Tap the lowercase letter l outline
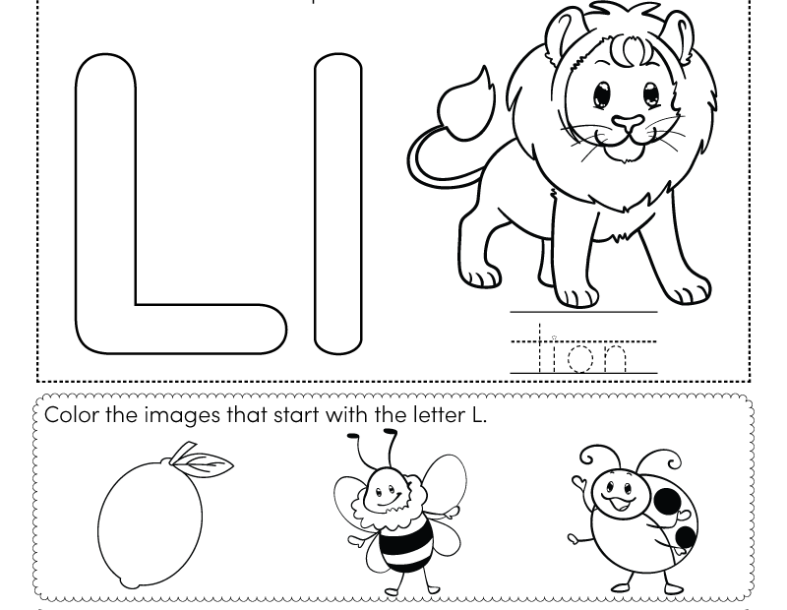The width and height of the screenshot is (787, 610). coord(337,205)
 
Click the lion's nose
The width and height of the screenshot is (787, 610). coord(627,124)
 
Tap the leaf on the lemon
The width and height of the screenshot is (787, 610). coord(210,462)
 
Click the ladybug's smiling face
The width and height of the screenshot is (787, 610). coord(617,492)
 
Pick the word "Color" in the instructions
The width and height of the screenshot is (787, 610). coord(71,414)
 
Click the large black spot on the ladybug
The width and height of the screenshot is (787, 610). coord(668,501)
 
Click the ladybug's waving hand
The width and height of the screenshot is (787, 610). coord(576,483)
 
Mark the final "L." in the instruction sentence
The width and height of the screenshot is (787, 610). coord(479,414)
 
